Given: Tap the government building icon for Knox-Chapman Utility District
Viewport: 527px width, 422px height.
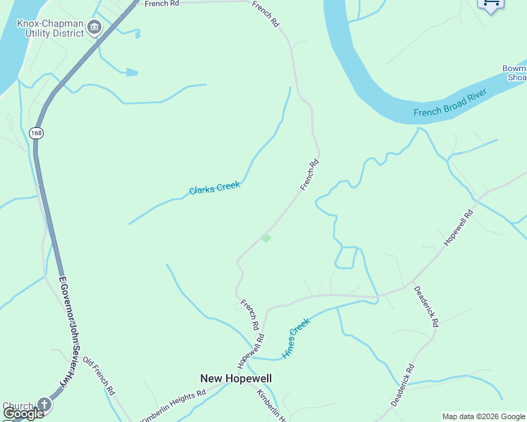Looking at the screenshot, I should click(x=94, y=27).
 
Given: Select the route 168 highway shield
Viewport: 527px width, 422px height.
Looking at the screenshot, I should click(x=35, y=132).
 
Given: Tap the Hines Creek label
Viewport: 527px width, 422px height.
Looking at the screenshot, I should click(x=296, y=339).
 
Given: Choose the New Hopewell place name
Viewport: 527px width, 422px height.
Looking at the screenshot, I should click(x=236, y=378).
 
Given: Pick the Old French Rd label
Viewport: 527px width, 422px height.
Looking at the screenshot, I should click(x=99, y=376).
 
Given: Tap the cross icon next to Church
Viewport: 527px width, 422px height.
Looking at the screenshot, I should click(x=44, y=404).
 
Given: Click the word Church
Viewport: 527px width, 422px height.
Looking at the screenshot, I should click(x=18, y=407).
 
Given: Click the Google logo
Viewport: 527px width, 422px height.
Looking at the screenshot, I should click(x=23, y=414).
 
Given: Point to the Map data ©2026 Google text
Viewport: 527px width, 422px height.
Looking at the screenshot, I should click(x=484, y=416).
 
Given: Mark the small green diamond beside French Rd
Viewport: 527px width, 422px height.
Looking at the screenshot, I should click(x=266, y=238).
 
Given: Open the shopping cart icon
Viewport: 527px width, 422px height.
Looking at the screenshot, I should click(x=490, y=4).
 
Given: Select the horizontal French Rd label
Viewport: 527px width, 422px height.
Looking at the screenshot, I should click(x=162, y=4).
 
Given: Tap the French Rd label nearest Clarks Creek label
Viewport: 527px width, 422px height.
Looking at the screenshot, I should click(x=309, y=174).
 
